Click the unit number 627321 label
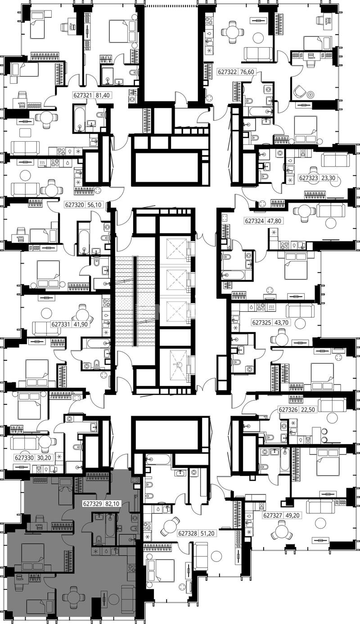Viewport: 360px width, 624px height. tap(82, 95)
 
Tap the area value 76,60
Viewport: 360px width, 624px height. tap(247, 72)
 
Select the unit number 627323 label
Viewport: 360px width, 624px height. tap(308, 177)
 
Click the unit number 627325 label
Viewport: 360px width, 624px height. tap(261, 323)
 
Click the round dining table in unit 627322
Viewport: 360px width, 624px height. tap(232, 32)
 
